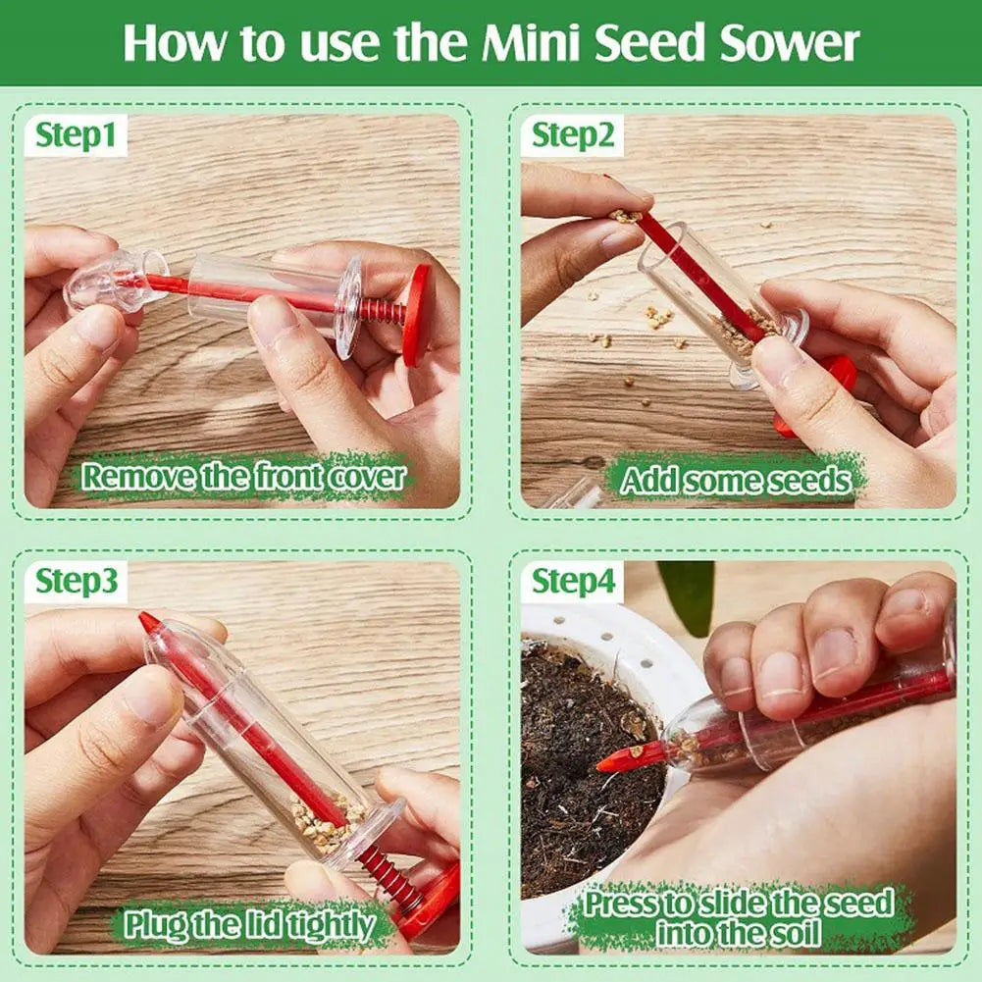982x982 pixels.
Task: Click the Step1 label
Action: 77,135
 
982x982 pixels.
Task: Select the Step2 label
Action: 573,135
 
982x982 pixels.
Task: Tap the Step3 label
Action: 77,582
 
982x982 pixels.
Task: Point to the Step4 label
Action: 573,582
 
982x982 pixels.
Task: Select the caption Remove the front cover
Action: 242,477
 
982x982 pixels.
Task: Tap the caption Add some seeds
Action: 736,480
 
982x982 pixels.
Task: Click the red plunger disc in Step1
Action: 416,314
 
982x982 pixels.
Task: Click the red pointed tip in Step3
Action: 150,623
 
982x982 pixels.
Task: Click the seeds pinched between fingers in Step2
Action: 624,216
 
